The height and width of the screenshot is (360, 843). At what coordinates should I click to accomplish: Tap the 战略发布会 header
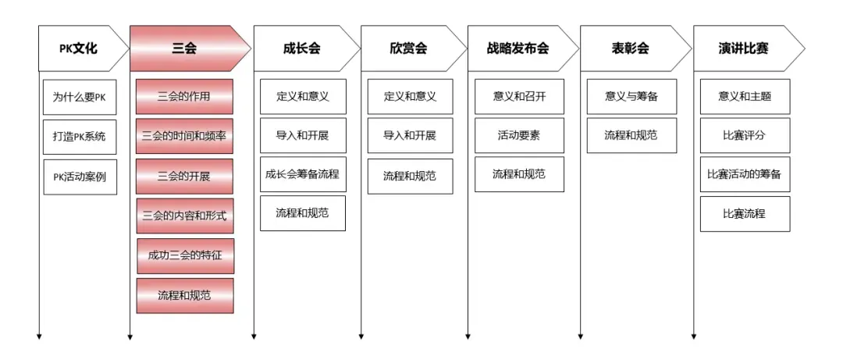[522, 48]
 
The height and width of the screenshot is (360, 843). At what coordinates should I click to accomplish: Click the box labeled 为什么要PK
[80, 97]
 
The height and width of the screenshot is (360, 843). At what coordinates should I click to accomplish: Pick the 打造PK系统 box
[80, 136]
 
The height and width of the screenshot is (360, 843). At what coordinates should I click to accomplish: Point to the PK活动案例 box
[80, 176]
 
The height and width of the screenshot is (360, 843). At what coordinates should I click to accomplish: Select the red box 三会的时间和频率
[184, 136]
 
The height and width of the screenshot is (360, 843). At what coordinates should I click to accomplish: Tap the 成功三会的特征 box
[185, 255]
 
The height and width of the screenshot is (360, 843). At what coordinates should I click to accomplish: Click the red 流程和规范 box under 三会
[185, 295]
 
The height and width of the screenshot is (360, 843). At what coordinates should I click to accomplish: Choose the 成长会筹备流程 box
[303, 174]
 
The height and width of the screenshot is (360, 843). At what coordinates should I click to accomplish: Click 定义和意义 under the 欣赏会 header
[411, 97]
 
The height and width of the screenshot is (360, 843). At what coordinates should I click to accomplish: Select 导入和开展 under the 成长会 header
[303, 136]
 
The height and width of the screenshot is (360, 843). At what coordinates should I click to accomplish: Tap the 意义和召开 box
[519, 97]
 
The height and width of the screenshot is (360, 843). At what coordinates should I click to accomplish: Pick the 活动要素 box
[519, 136]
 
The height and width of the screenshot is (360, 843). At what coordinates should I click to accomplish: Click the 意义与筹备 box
[631, 97]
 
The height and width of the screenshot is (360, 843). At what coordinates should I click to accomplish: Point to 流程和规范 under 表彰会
[631, 136]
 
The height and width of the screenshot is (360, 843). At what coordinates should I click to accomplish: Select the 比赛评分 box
[745, 136]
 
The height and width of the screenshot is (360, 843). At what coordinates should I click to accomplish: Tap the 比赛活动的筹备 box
[745, 174]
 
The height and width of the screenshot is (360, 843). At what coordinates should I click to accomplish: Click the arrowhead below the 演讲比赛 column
[694, 337]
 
